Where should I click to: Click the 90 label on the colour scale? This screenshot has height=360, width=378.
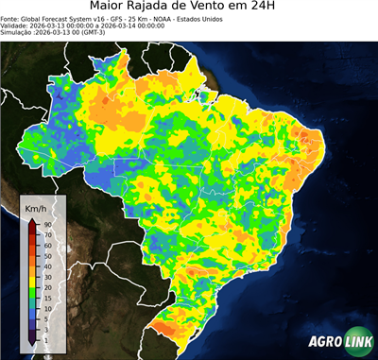46,223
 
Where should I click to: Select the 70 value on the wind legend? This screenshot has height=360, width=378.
46,233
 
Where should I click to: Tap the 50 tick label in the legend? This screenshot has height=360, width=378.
46,254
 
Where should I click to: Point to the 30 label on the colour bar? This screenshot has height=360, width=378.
46,275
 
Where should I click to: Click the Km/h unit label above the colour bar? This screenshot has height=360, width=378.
37,206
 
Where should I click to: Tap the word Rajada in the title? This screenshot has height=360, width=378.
167,7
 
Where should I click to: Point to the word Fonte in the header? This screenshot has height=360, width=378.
11,18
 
